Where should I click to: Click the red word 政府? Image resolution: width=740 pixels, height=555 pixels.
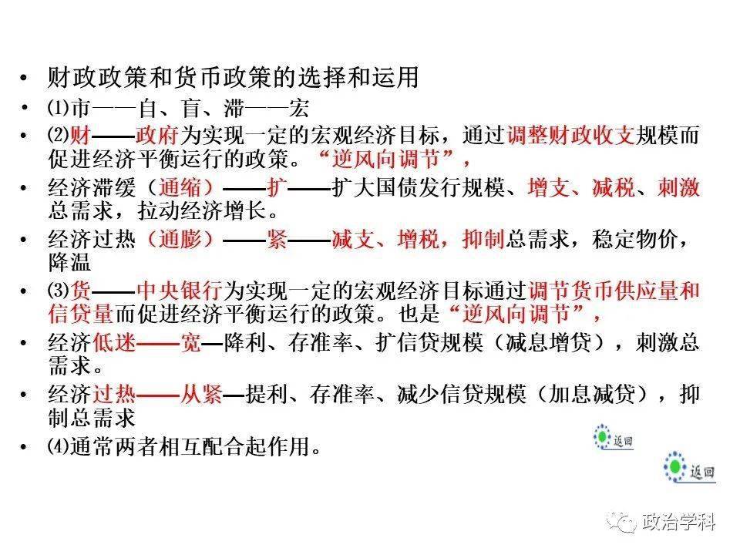[x=156, y=136]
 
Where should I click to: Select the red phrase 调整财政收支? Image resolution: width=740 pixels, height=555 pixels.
[x=571, y=136]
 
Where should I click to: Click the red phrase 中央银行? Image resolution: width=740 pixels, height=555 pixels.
[x=180, y=291]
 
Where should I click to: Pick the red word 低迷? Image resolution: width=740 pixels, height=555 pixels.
[x=114, y=342]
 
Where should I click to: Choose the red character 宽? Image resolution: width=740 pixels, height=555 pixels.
[x=190, y=342]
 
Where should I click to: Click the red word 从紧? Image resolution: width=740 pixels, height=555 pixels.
[x=201, y=394]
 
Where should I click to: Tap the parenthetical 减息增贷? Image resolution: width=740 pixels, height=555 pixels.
[x=548, y=342]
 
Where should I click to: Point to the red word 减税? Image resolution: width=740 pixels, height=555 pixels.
[x=613, y=187]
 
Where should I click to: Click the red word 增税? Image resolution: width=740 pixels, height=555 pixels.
[x=418, y=239]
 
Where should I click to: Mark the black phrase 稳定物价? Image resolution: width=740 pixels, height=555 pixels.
[x=635, y=239]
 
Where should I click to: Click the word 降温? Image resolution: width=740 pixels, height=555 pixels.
[x=69, y=262]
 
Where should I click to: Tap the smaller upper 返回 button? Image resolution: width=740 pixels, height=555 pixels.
[x=613, y=438]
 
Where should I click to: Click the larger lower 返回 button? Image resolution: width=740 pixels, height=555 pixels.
[x=690, y=468]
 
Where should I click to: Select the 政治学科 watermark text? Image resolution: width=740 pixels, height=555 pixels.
[x=678, y=522]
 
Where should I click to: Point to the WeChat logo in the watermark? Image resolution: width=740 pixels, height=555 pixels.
[x=621, y=522]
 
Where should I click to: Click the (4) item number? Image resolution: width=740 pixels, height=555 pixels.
[x=59, y=446]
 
